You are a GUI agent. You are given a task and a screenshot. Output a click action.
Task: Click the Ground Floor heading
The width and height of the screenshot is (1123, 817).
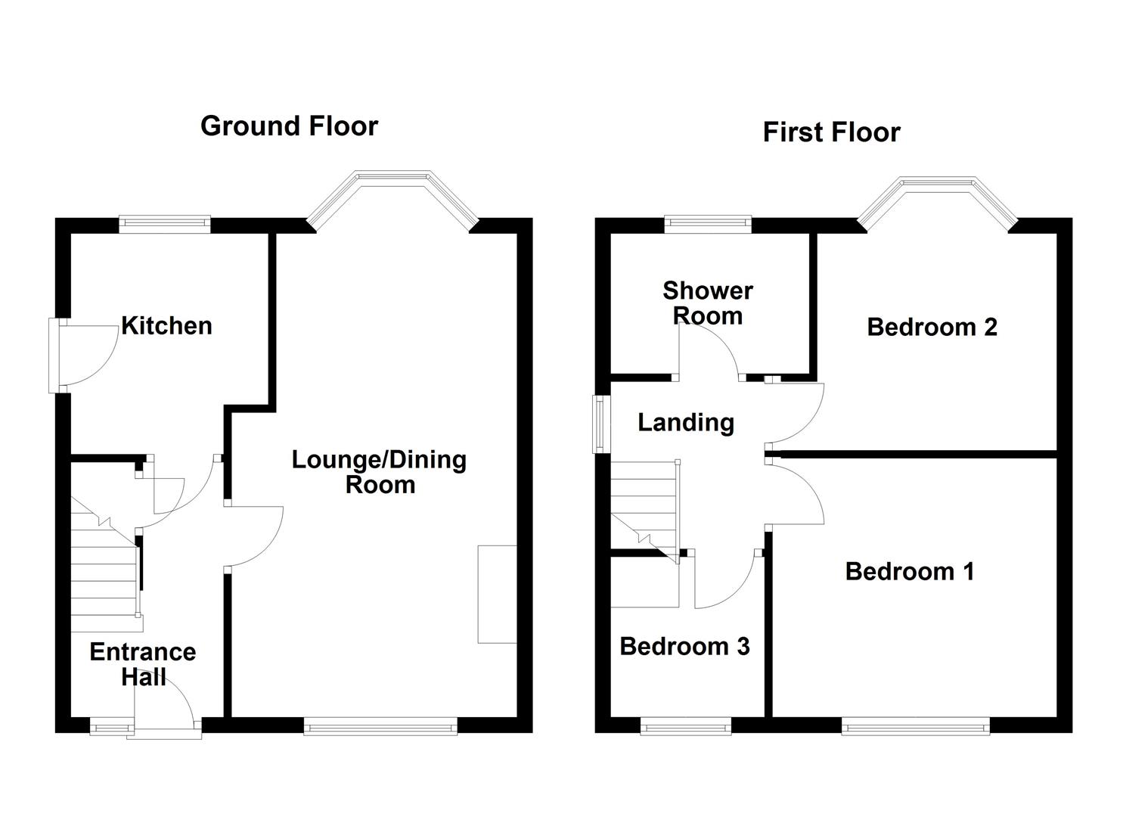click(289, 126)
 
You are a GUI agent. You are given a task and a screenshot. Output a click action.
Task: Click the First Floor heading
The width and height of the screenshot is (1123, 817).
click(831, 132)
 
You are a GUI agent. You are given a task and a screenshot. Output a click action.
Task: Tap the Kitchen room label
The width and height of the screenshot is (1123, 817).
click(166, 326)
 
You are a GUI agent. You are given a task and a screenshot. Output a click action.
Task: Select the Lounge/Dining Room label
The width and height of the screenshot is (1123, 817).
click(379, 472)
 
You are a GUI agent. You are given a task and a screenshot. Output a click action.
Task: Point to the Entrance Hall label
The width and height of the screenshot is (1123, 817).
click(143, 663)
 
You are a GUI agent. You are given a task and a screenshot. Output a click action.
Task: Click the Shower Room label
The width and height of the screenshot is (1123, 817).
click(708, 303)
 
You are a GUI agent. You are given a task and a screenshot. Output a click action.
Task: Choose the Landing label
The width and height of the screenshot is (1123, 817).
click(686, 422)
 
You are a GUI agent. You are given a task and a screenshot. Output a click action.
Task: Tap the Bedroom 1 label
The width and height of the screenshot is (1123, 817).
click(910, 571)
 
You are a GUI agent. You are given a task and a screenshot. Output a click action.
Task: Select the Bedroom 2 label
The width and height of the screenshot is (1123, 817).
click(932, 327)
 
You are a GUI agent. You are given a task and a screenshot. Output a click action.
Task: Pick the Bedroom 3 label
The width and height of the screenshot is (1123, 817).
click(684, 646)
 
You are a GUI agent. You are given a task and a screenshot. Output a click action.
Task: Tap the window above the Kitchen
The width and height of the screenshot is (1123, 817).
click(164, 222)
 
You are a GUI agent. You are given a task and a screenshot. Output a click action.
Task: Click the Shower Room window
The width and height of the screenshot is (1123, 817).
click(708, 222)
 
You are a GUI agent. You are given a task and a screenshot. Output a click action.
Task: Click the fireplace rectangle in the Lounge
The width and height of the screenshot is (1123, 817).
click(497, 594)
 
